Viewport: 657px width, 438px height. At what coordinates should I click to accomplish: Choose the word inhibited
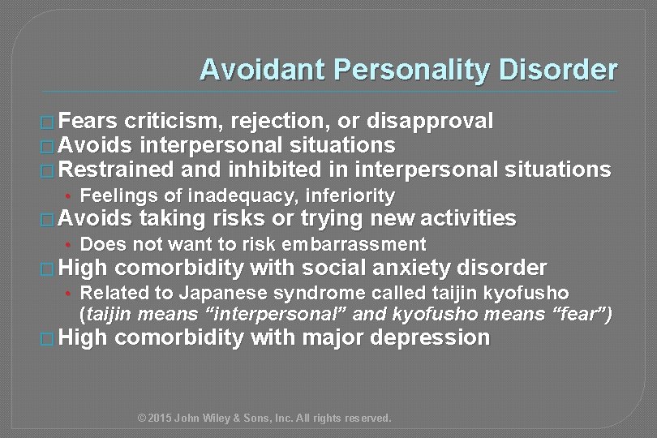tap(268, 170)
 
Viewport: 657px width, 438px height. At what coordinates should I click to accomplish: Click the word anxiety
tap(400, 268)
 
